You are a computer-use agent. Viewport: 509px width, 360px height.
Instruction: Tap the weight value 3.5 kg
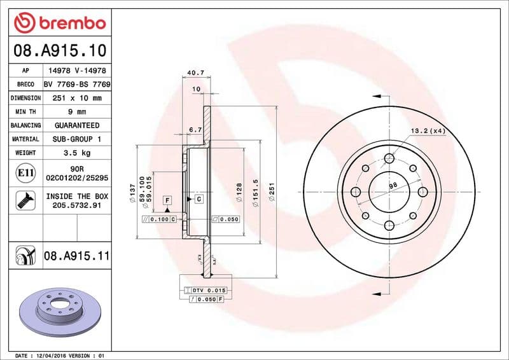coord(76,153)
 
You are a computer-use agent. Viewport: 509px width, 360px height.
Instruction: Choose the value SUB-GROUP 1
coord(77,139)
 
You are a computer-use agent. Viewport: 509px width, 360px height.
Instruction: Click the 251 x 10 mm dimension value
coord(77,99)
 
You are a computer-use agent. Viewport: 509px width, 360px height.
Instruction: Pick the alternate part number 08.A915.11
coord(77,257)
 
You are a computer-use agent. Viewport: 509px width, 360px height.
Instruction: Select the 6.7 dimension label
coord(195,130)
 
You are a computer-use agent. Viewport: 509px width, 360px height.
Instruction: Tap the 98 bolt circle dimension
coord(393,185)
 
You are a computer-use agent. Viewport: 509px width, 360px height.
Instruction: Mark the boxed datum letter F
coord(167,200)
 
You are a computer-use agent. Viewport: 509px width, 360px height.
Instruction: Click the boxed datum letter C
coord(199,200)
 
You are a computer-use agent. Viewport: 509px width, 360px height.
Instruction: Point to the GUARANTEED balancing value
coord(77,125)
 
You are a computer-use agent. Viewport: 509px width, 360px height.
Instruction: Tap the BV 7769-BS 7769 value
coord(77,85)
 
